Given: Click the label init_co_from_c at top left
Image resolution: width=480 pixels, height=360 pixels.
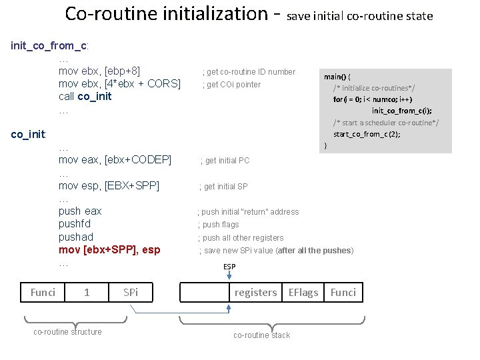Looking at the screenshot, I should (x=50, y=46).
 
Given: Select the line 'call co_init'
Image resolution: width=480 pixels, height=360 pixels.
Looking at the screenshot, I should (x=85, y=97).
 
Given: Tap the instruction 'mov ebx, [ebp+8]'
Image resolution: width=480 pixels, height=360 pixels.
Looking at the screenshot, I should (x=99, y=71).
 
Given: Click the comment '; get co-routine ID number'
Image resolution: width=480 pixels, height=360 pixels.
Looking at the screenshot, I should (x=249, y=72).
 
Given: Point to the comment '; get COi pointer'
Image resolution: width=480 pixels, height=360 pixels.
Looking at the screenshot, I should (x=231, y=85).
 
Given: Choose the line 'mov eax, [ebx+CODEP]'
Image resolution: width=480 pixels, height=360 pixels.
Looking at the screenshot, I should (x=115, y=160).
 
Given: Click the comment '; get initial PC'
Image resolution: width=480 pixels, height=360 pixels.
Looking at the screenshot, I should (x=225, y=161).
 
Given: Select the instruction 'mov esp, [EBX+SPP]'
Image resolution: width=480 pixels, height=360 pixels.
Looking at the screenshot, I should (x=109, y=186).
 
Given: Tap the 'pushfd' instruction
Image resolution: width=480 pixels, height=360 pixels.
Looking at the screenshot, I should (x=75, y=224).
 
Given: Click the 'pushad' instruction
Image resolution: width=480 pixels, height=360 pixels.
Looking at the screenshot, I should (x=76, y=237).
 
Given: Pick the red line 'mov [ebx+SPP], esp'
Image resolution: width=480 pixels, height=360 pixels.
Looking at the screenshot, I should (x=109, y=250).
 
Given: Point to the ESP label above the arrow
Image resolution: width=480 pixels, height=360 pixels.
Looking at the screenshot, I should (x=229, y=267).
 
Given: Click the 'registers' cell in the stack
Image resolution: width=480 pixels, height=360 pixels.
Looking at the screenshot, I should (x=255, y=292).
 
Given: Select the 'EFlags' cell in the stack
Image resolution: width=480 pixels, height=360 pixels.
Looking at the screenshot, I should (x=303, y=292).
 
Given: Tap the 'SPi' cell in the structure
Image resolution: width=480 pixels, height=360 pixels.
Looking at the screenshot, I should (x=131, y=292).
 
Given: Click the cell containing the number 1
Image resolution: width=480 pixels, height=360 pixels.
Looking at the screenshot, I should (x=87, y=292).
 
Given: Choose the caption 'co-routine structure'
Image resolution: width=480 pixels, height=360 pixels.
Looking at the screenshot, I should (x=67, y=332).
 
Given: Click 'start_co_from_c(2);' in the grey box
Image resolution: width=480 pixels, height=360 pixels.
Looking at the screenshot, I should (x=367, y=134).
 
